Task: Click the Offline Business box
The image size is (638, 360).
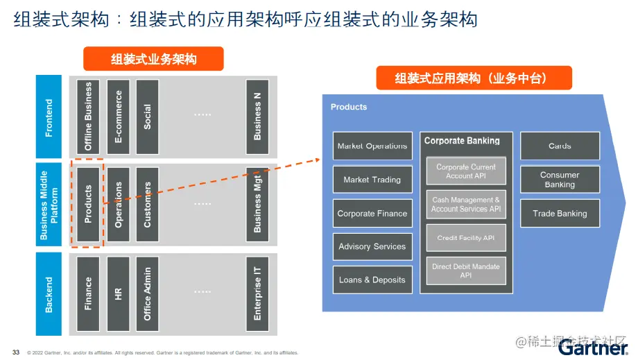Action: [x=88, y=117]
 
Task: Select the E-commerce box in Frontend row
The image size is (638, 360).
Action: [x=118, y=117]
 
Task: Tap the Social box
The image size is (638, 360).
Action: [x=147, y=117]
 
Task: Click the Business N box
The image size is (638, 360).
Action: [x=257, y=117]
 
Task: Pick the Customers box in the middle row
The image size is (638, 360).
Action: [x=147, y=204]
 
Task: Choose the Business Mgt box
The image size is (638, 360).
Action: [x=257, y=204]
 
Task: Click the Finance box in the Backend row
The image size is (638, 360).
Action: [x=88, y=293]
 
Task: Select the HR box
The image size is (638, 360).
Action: [x=118, y=293]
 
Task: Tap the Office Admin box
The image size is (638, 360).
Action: [x=147, y=293]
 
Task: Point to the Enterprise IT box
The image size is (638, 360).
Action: [x=257, y=293]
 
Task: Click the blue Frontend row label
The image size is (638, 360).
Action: [x=49, y=117]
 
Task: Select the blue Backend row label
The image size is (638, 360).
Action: [x=49, y=294]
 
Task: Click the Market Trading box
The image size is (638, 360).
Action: [x=372, y=180]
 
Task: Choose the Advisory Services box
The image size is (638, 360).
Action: [x=372, y=246]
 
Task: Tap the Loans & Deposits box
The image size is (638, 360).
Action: [x=372, y=280]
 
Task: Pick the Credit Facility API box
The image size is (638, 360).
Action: [x=466, y=238]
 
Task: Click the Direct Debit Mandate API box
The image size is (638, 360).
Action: [x=466, y=271]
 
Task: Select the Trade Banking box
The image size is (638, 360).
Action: [x=560, y=214]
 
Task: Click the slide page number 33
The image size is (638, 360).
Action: [x=16, y=351]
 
